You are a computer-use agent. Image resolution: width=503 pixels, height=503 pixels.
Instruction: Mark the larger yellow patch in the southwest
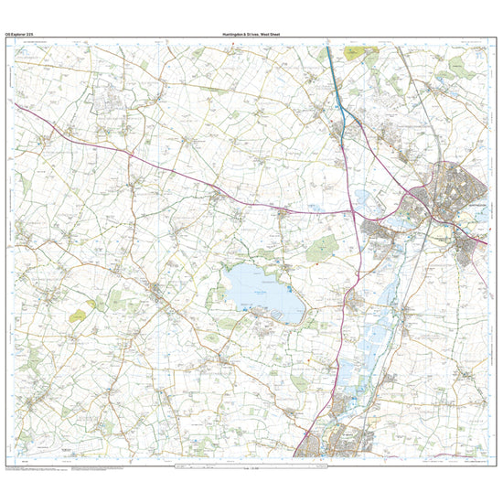(x=79, y=313)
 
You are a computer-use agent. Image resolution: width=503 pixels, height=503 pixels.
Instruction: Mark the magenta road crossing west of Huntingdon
(x=352, y=211)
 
